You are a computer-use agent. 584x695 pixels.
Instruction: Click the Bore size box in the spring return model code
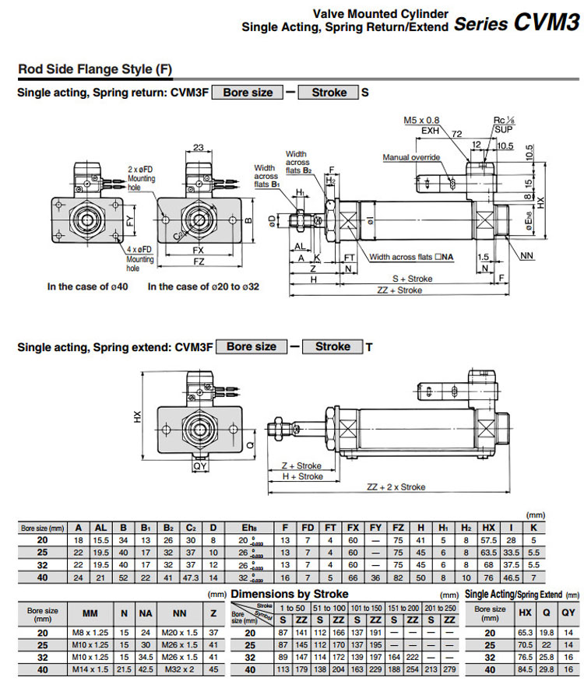pyautogui.click(x=248, y=93)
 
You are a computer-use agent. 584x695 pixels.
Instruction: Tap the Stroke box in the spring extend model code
pyautogui.click(x=332, y=346)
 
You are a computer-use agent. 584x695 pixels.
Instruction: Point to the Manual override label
pyautogui.click(x=411, y=158)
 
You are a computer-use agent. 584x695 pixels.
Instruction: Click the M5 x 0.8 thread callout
pyautogui.click(x=421, y=121)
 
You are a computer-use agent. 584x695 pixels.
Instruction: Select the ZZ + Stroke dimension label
pyautogui.click(x=399, y=290)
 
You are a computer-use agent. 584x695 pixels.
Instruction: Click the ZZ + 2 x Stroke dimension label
pyautogui.click(x=396, y=487)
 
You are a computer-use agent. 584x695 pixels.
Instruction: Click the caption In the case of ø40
pyautogui.click(x=89, y=286)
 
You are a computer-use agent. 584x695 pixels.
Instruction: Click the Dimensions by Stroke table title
pyautogui.click(x=290, y=595)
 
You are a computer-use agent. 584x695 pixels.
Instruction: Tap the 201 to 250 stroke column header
pyautogui.click(x=441, y=608)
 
